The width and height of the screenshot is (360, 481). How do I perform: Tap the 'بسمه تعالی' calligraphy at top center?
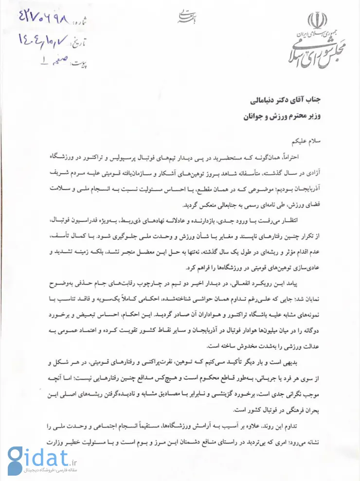181,17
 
